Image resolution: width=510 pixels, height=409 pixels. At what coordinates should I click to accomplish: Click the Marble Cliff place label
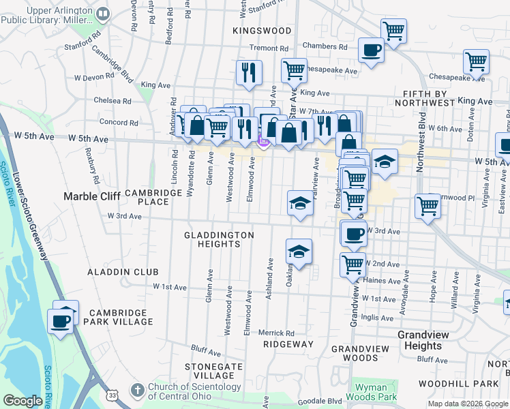pos(91,196)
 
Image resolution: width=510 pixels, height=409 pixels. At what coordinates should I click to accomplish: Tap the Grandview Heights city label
pos(430,341)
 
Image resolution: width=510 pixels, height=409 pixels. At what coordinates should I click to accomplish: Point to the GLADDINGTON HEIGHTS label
pos(219,239)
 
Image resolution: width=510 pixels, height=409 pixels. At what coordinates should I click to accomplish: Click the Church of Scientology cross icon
pos(138,391)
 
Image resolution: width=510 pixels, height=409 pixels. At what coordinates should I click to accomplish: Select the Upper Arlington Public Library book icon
pos(103,13)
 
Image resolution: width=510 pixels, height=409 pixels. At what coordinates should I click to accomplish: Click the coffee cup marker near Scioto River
pos(60,320)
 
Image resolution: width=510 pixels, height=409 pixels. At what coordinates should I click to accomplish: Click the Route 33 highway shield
pos(113,395)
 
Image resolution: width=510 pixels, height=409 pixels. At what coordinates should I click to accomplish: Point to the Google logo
pos(23,401)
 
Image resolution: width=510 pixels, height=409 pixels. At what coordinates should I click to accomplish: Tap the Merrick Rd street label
pos(276,333)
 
